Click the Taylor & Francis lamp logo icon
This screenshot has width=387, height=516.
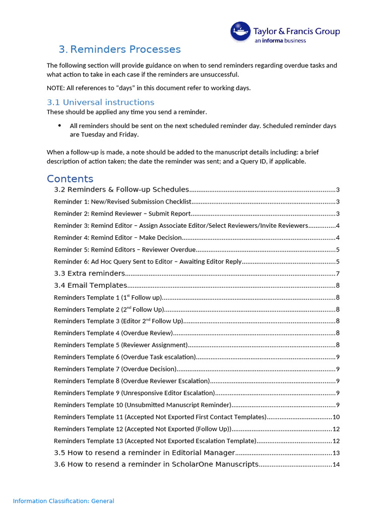tap(241, 31)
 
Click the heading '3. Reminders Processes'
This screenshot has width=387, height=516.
tap(119, 49)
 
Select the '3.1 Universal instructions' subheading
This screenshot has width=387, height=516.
tap(100, 102)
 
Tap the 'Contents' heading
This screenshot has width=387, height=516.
tap(70, 179)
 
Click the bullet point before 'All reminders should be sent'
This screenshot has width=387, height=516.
tap(60, 125)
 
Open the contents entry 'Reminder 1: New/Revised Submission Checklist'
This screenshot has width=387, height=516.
tap(122, 202)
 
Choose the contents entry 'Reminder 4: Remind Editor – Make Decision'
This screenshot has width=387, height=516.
tap(117, 237)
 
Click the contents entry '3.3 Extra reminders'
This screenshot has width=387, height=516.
tap(89, 273)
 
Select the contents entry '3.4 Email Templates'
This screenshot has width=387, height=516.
tap(90, 285)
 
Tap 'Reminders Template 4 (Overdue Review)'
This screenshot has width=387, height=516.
tap(113, 333)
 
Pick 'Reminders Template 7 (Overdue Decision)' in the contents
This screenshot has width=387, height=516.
tap(115, 369)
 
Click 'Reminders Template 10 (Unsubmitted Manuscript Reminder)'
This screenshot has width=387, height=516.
tap(142, 405)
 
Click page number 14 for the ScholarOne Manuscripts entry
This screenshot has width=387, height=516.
tap(336, 465)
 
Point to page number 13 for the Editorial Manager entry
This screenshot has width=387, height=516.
tap(336, 453)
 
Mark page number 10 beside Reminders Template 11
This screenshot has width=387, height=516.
tap(336, 417)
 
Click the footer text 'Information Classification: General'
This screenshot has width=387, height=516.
tap(63, 501)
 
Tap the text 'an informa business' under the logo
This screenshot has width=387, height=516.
tap(280, 41)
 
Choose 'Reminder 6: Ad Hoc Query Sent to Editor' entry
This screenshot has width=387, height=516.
tap(148, 262)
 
